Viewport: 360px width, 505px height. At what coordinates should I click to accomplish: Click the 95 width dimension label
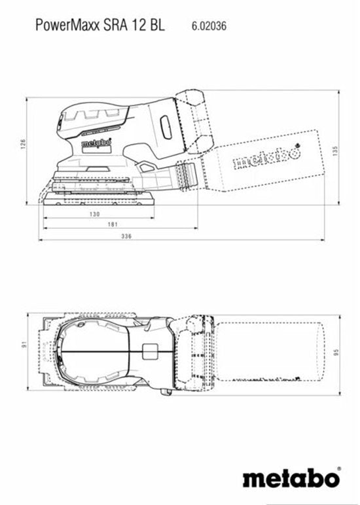tap(334, 354)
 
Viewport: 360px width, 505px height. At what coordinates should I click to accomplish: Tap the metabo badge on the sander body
tap(96, 141)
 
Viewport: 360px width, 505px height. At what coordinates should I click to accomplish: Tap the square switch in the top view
tap(151, 352)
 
